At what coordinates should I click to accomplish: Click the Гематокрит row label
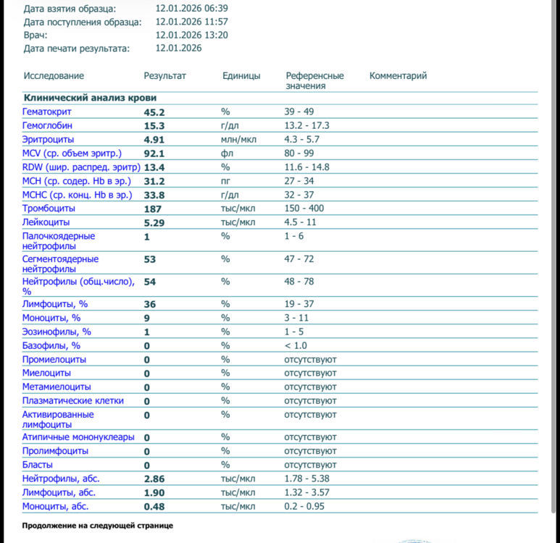(47, 112)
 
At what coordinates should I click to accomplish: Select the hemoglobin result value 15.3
(154, 126)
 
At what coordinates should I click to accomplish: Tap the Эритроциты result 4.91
(154, 140)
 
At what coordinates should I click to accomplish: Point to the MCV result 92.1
(154, 153)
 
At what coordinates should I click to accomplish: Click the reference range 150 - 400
(305, 209)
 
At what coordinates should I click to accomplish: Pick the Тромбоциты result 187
(152, 209)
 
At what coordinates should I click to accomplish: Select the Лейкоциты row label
(46, 222)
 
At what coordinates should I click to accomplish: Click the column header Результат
(164, 76)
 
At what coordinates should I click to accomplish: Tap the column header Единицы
(241, 76)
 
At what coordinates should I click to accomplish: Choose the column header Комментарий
(398, 76)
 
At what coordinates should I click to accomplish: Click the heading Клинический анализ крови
(90, 98)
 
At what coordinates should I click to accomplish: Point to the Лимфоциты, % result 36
(149, 305)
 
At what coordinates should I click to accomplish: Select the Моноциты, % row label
(51, 318)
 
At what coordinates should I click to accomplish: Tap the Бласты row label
(37, 465)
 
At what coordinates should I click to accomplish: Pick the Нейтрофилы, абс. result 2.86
(154, 479)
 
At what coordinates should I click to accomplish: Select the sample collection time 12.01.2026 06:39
(192, 9)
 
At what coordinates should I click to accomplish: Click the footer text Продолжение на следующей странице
(97, 526)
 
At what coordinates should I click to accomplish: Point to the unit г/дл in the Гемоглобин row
(230, 126)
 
